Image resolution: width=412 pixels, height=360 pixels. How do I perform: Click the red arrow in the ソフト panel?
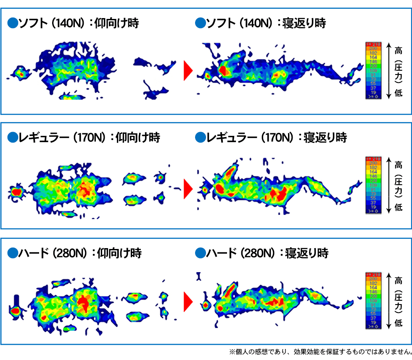pos(188,71)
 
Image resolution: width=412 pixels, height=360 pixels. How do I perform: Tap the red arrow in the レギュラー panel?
pos(188,187)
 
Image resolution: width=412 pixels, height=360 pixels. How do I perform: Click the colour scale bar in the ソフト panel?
pos(373,70)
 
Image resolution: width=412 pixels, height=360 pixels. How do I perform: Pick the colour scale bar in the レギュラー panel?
pos(373,185)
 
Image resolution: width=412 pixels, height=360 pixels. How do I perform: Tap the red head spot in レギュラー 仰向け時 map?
pos(16,192)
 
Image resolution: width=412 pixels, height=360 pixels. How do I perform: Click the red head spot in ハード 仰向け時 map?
pos(15,311)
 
